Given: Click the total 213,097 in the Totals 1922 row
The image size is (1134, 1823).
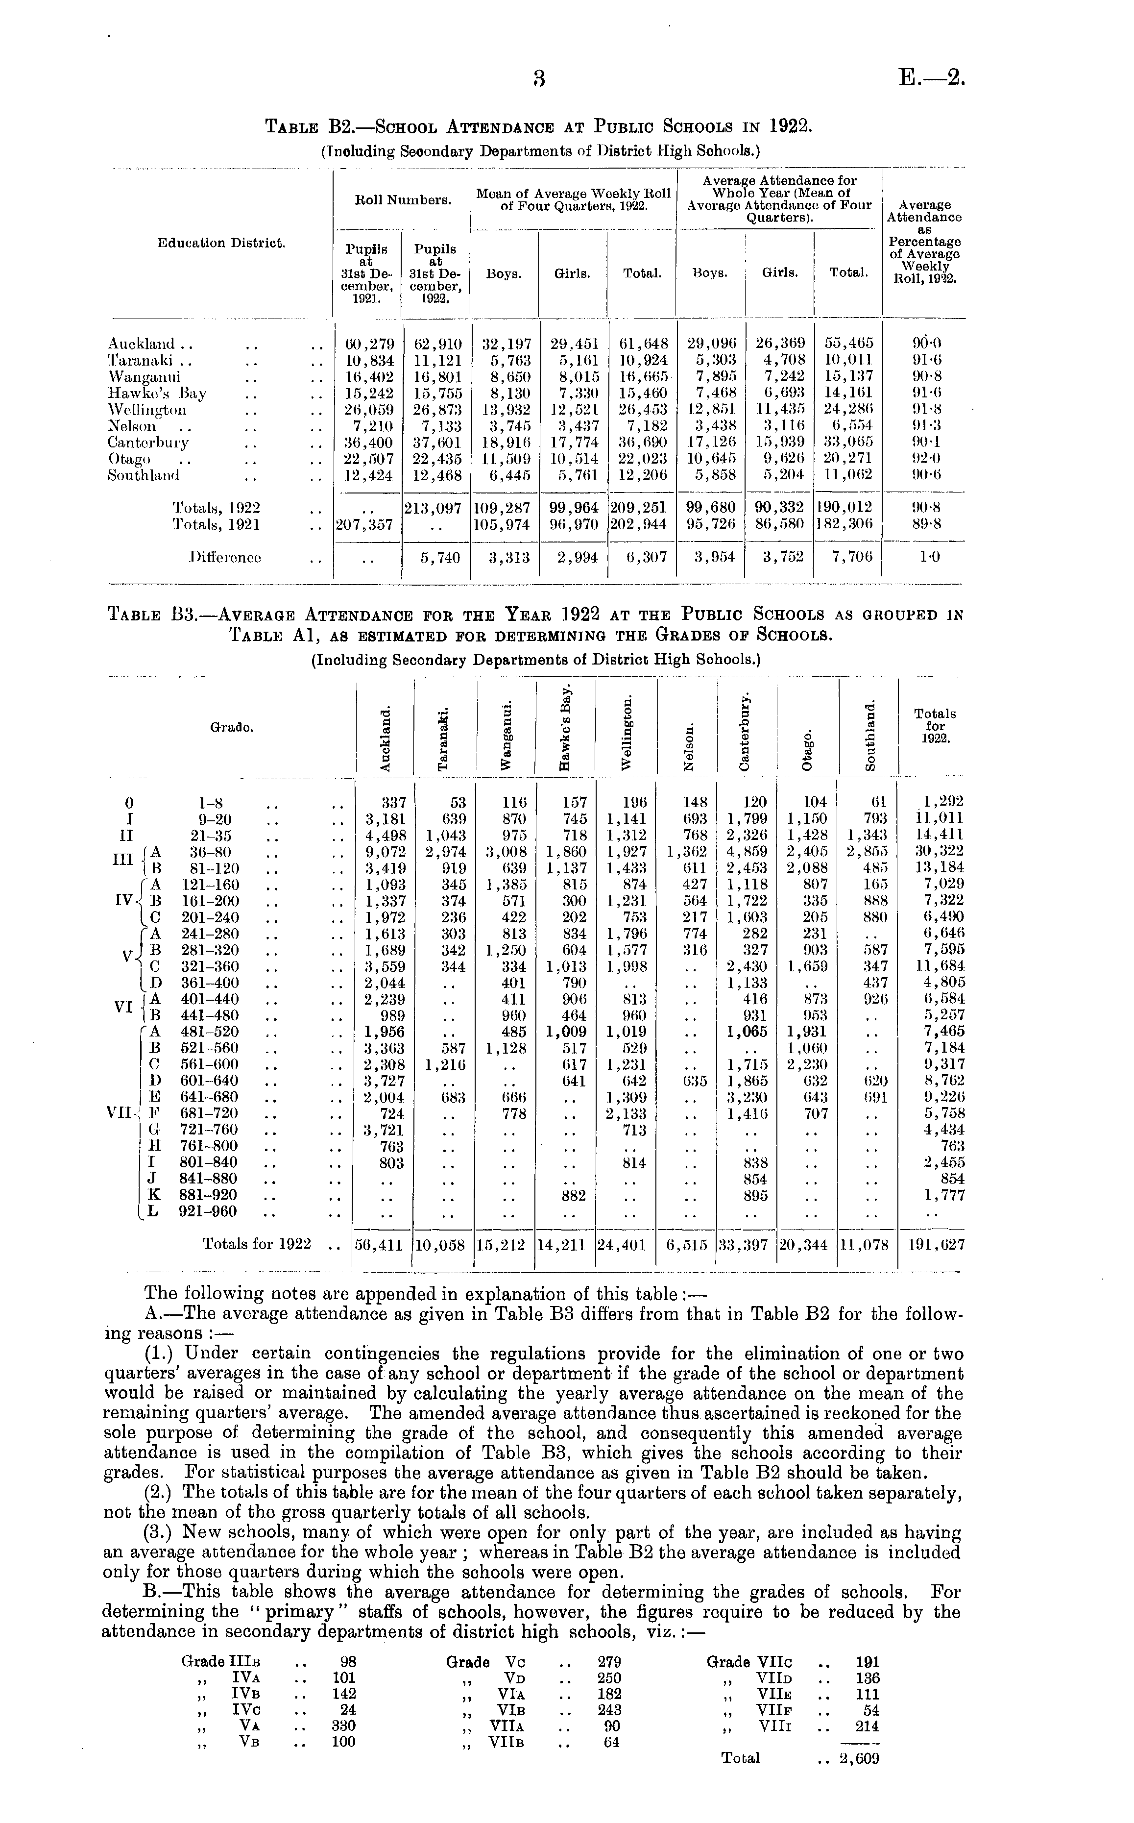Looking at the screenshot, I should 436,508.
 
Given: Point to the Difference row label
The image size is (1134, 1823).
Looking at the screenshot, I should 226,557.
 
